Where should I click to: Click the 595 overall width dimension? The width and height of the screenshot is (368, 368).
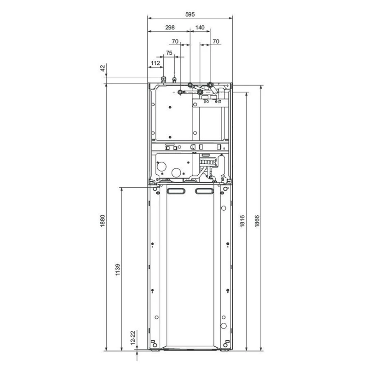(x=190, y=15)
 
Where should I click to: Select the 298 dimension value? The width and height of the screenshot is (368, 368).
(x=170, y=28)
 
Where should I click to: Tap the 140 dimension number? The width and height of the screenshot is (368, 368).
(x=200, y=28)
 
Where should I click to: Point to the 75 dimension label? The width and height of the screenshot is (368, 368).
(x=169, y=53)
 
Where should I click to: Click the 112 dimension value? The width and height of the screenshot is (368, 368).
(x=155, y=63)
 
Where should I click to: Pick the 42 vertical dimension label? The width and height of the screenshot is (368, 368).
(x=103, y=68)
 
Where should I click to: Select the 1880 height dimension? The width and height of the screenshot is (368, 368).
(x=103, y=221)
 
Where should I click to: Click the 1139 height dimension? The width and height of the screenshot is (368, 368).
(x=118, y=270)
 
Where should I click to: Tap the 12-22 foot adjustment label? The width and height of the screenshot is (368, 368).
(x=133, y=338)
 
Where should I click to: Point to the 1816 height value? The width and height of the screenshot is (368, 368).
(x=242, y=221)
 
